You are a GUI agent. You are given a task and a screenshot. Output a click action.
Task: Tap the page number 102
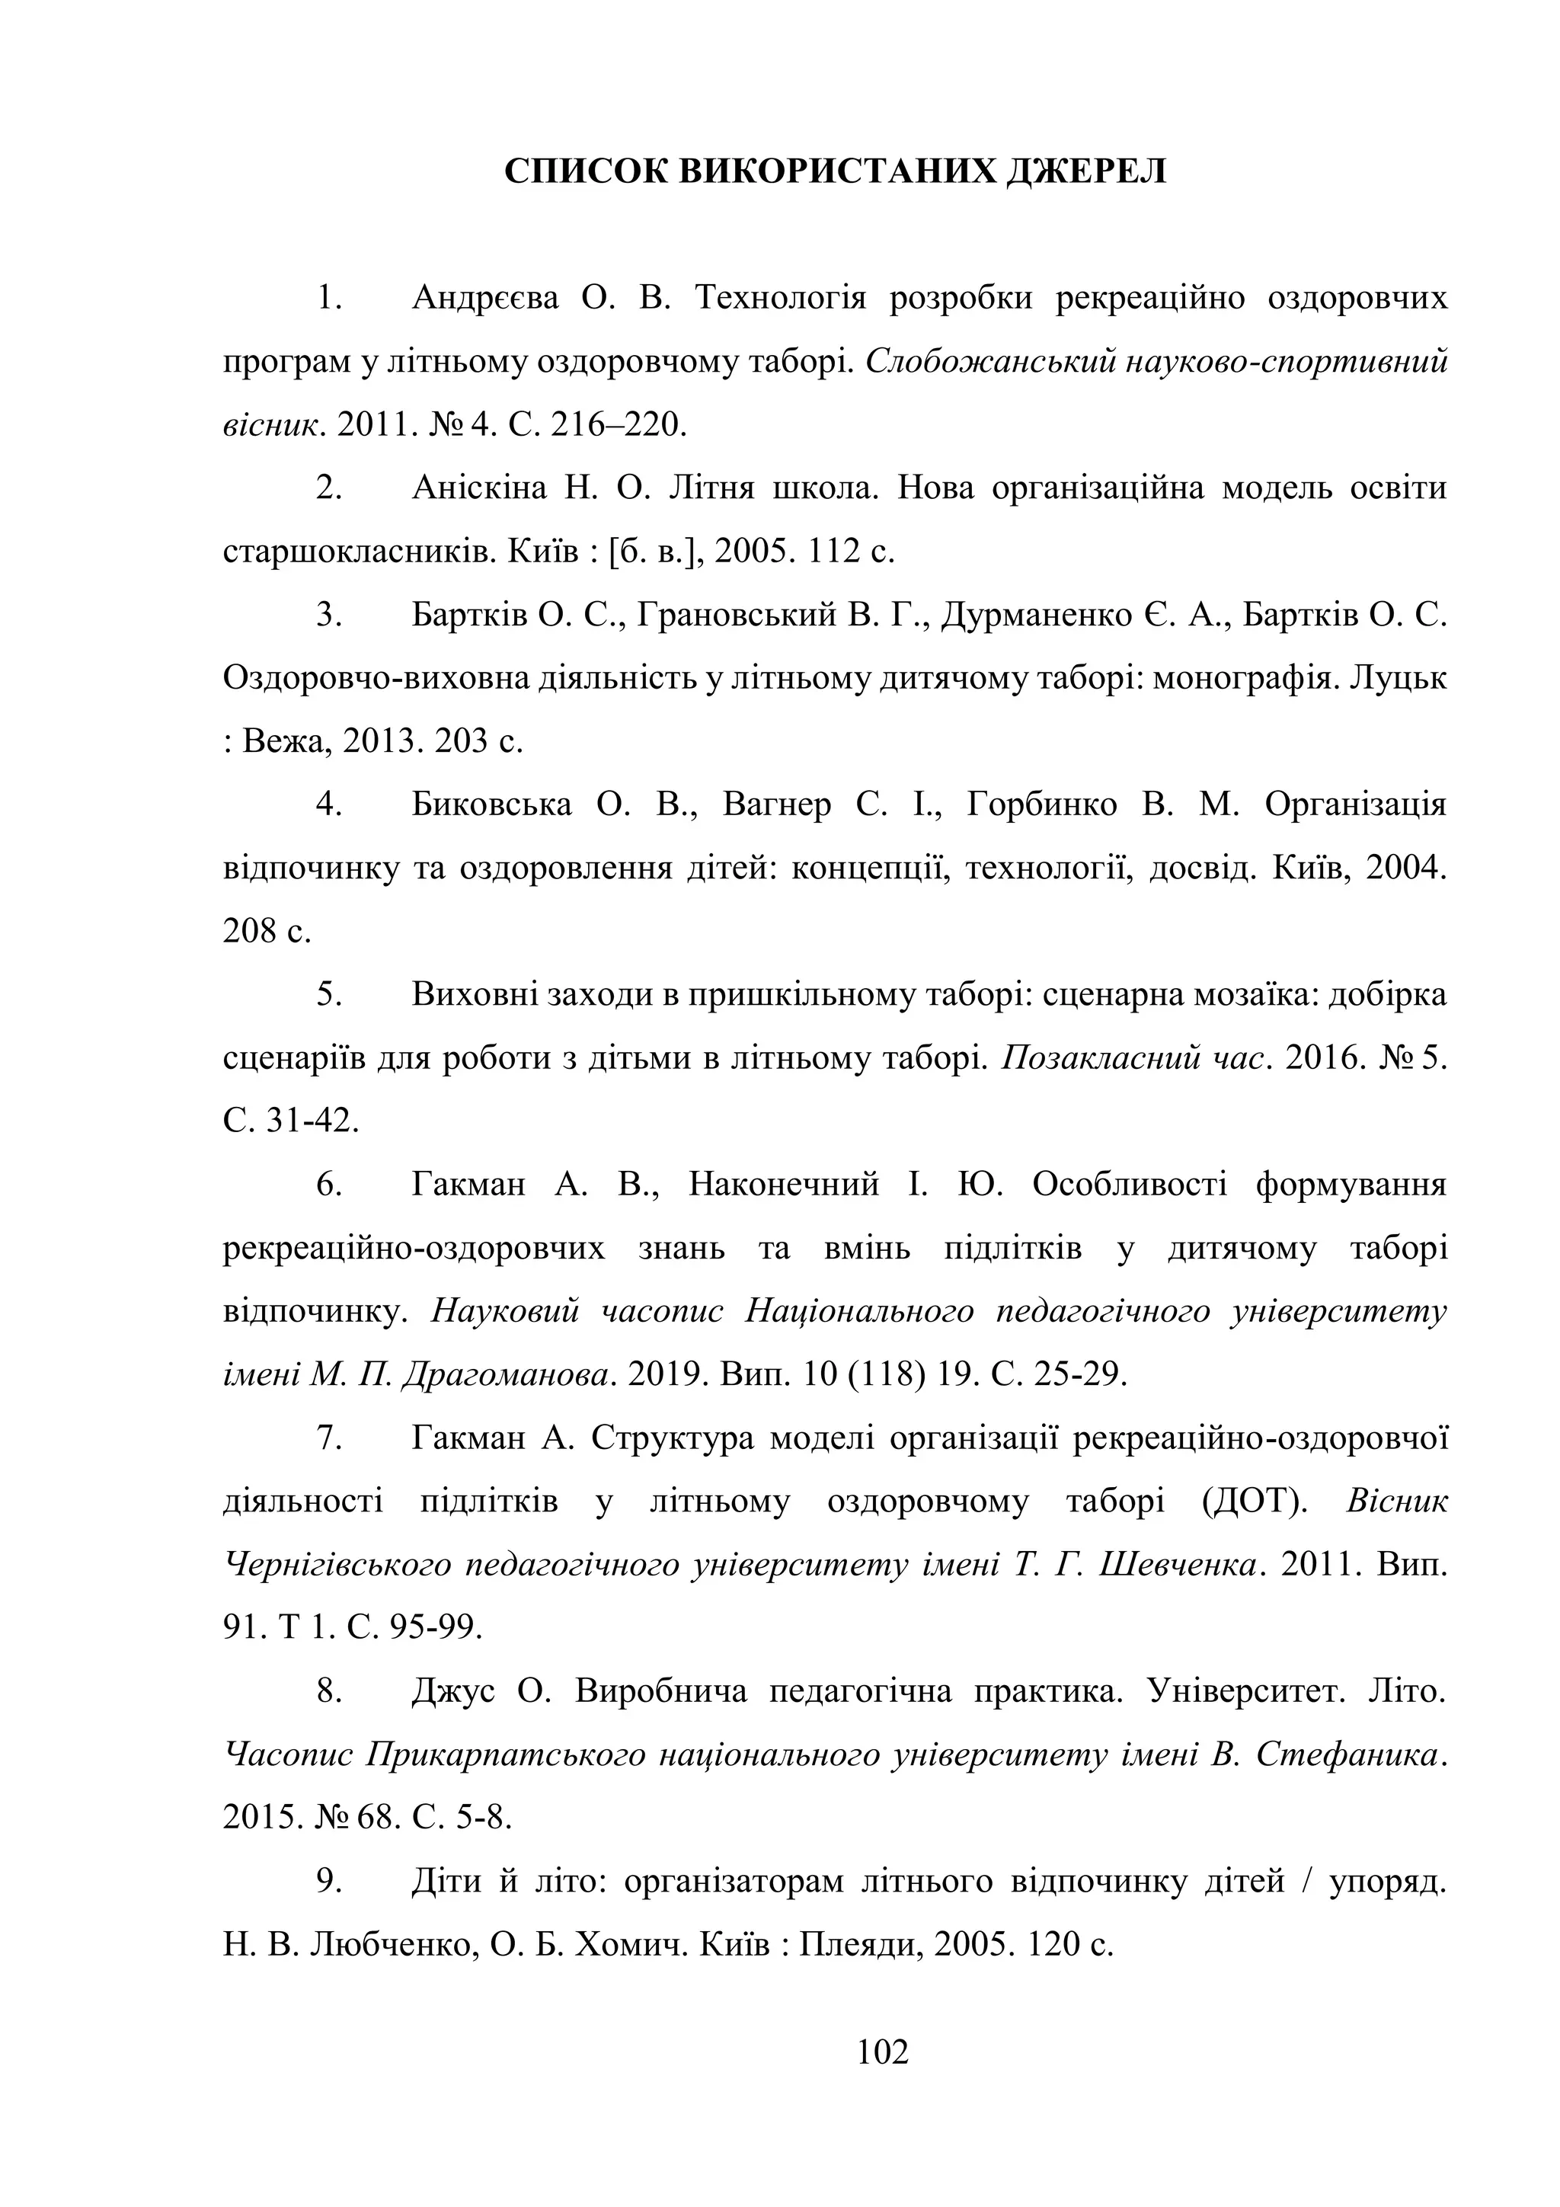(x=882, y=2052)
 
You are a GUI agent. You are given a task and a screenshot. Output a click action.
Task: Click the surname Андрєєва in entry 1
(x=484, y=298)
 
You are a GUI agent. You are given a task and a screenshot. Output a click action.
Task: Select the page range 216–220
(x=619, y=424)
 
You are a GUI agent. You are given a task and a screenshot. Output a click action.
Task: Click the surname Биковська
(x=491, y=804)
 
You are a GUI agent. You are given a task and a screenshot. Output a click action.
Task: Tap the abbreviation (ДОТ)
(x=1256, y=1502)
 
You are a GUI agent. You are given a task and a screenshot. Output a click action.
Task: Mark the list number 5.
(x=330, y=994)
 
